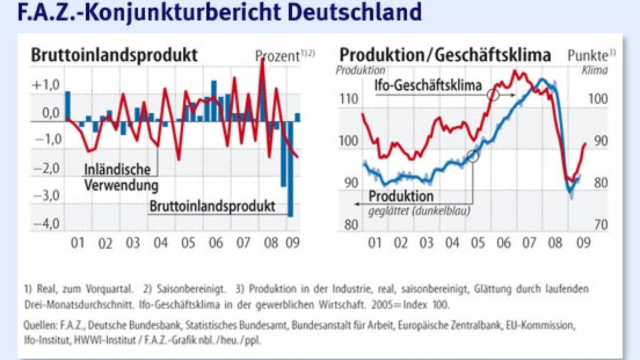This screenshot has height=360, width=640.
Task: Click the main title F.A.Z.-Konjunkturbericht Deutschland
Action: tap(219, 12)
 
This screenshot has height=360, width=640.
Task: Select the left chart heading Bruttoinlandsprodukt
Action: tap(114, 55)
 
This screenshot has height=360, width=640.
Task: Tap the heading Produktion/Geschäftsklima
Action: tap(445, 55)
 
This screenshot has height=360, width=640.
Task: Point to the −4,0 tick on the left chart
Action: tap(46, 224)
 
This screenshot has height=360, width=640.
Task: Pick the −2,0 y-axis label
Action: tap(46, 169)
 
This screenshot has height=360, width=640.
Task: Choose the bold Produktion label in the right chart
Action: tap(401, 197)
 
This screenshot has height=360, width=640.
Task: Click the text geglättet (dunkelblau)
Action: tap(419, 210)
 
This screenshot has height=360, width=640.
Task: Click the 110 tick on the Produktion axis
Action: tap(348, 99)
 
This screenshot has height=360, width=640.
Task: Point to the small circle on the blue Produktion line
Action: tap(473, 155)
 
